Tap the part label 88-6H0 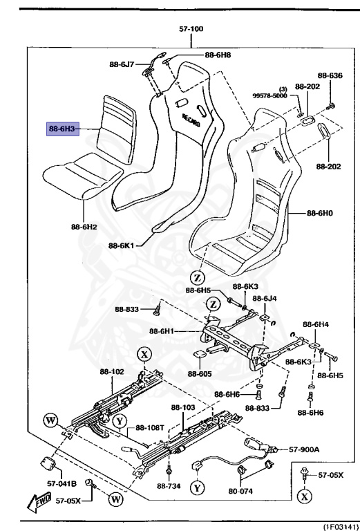pyautogui.click(x=321, y=214)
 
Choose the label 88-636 pyautogui.click(x=330, y=75)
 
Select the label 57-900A pyautogui.click(x=305, y=449)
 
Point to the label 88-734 pyautogui.click(x=169, y=485)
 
